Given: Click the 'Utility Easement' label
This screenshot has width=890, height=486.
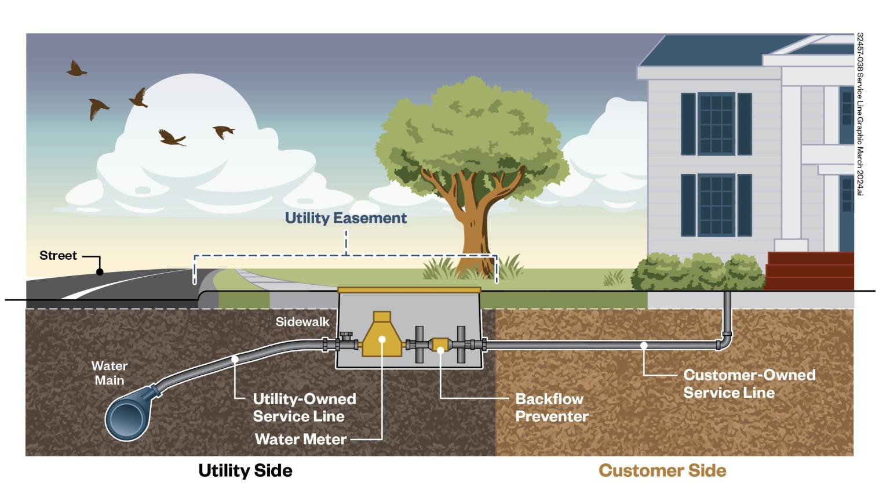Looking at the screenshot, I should [345, 218].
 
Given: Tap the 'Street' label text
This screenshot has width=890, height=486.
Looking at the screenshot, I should [58, 256].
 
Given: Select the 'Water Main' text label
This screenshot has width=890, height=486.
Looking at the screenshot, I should [109, 373].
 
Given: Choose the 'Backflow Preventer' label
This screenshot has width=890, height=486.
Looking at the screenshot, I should [551, 408].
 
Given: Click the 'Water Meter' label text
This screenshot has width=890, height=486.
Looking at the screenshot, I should [300, 439].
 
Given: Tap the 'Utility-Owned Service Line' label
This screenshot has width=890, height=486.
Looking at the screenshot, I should [304, 408].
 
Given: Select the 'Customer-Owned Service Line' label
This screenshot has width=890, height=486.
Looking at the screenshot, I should [749, 383].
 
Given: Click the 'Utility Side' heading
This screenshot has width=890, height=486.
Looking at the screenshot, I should [245, 470].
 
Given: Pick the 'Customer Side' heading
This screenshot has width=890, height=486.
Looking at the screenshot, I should [662, 470].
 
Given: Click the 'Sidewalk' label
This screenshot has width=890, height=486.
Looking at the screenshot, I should [302, 322].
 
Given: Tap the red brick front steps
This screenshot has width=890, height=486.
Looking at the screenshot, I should [809, 271].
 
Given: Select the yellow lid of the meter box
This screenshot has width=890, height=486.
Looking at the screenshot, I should [408, 289].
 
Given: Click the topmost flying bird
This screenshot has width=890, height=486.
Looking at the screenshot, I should [76, 68].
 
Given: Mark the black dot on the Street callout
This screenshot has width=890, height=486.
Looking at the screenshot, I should [100, 271].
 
